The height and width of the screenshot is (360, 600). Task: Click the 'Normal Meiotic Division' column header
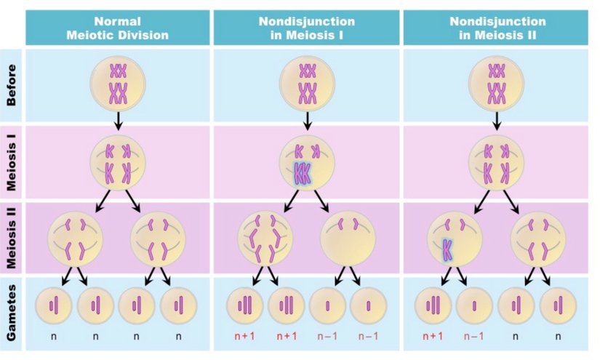point(117,28)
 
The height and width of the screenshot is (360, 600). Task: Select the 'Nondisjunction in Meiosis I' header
point(306,28)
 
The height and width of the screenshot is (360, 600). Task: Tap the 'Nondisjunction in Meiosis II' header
point(496,28)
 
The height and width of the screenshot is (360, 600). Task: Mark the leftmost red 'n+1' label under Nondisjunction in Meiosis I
point(244,337)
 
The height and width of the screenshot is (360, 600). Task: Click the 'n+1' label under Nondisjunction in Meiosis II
point(433,337)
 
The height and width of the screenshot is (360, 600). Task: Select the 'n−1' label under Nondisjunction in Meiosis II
point(474,337)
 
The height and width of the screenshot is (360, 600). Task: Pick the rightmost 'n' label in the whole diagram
point(558,337)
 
